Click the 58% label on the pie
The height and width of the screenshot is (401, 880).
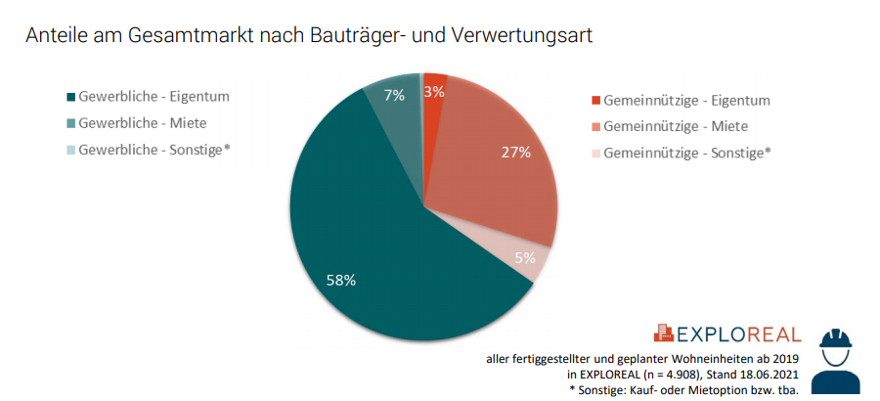coord(341,280)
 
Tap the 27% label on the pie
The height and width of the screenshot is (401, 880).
coord(516,152)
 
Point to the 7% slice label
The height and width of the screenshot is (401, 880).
coord(394,95)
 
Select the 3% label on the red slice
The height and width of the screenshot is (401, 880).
coord(434,91)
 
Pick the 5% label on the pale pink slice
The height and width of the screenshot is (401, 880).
coord(525,259)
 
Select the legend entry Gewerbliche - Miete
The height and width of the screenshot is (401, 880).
coord(142,123)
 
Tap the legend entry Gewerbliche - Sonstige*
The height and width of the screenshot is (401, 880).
coord(154,150)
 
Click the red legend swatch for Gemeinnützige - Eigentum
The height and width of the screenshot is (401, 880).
coord(594,101)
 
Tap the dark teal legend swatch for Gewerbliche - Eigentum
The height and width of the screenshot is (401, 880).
coord(68,98)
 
